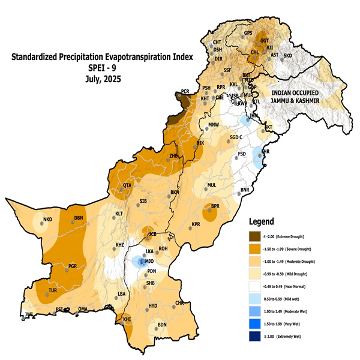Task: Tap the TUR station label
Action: point(52,290)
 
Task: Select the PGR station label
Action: point(73,265)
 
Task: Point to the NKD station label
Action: point(48,220)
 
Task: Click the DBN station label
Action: point(78,218)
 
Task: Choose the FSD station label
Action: point(242,154)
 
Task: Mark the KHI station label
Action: point(127,319)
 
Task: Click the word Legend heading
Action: point(265,220)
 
